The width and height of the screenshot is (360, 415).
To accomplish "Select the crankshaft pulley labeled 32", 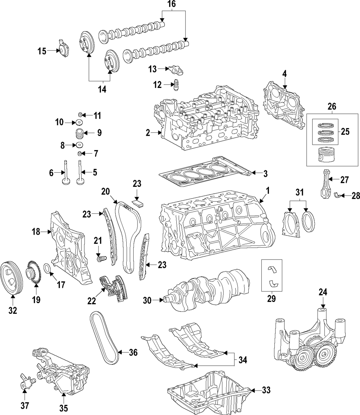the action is [11, 278].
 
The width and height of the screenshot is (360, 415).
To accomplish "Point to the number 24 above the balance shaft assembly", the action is [323, 292].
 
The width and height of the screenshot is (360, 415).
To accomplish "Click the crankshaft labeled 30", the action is [207, 289].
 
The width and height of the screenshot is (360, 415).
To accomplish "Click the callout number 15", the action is [42, 51].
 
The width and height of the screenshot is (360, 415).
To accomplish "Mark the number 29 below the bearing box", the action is [271, 298].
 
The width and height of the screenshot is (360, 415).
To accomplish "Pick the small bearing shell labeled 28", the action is [336, 195].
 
